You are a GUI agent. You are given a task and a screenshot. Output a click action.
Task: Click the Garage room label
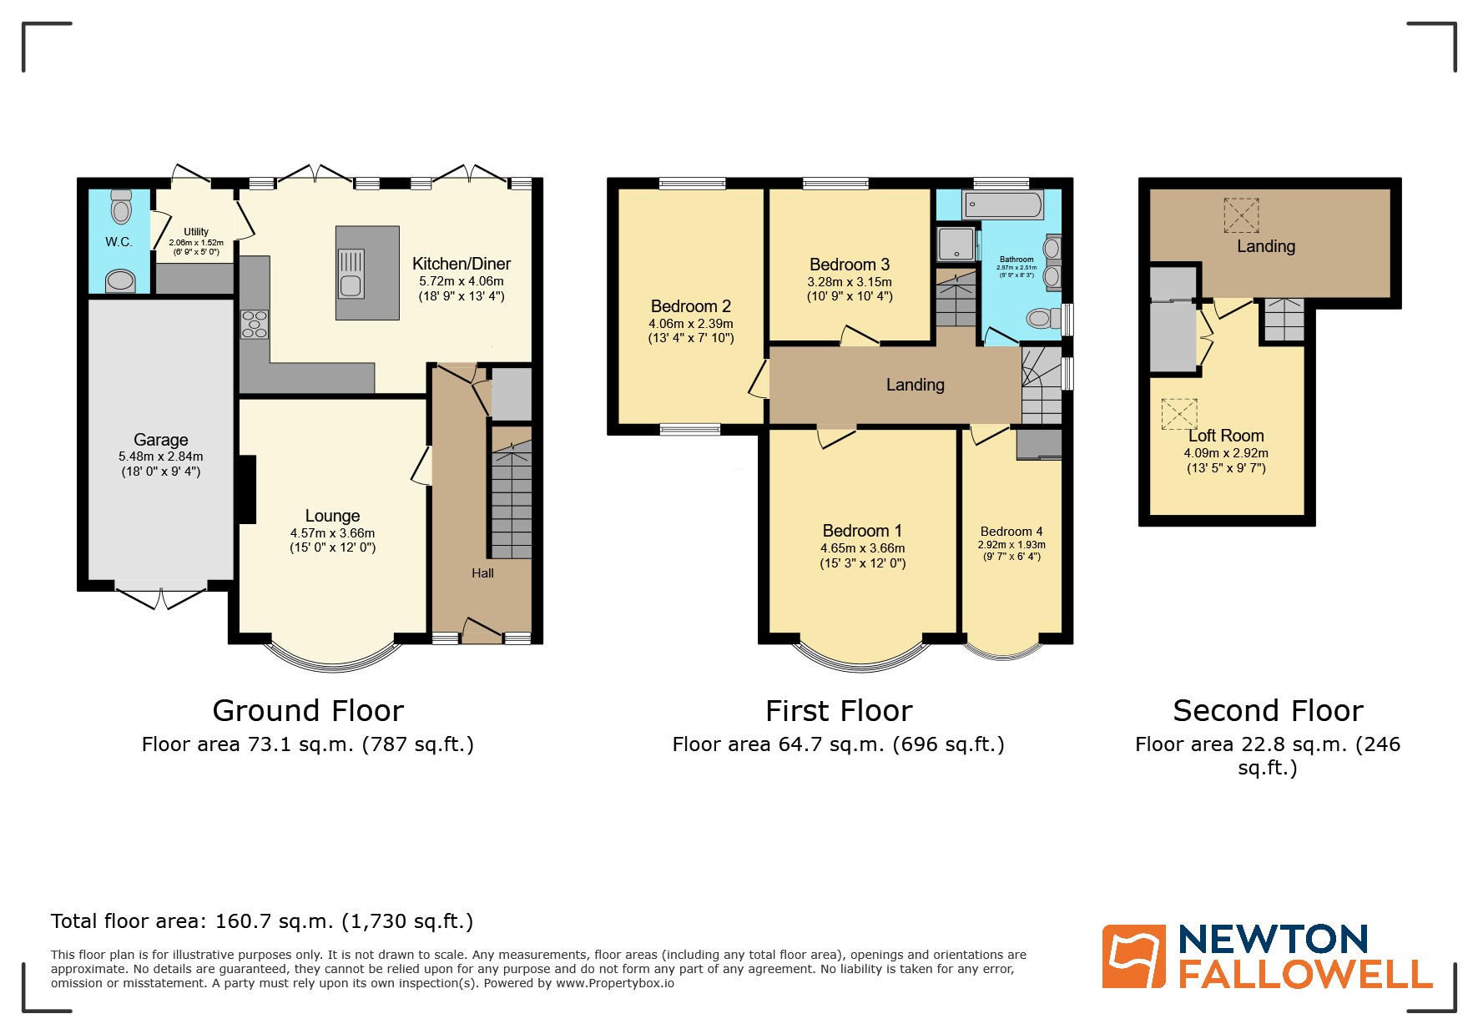[161, 440]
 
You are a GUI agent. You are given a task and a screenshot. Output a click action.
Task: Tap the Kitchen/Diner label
[462, 264]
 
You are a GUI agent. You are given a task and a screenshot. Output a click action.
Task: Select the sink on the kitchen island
[351, 274]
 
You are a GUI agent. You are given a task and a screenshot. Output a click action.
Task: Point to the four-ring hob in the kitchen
[255, 324]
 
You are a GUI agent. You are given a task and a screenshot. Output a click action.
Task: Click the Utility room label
[196, 232]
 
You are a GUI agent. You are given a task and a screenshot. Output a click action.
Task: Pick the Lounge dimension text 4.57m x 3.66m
[332, 533]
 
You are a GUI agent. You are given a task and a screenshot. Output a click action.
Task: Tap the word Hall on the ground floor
[482, 573]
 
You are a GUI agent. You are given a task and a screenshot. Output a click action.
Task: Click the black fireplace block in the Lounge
[247, 489]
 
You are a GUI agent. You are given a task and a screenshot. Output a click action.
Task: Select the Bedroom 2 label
[691, 306]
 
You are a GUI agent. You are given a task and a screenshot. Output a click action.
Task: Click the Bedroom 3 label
[850, 265]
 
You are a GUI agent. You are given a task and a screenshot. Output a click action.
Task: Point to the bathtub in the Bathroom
[1002, 204]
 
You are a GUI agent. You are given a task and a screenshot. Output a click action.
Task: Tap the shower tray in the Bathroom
[956, 244]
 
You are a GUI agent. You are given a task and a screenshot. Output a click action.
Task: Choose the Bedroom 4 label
[1011, 532]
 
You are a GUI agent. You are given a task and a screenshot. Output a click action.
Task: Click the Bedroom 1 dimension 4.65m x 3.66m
[862, 548]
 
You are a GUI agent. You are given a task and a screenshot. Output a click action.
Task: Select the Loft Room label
[1226, 436]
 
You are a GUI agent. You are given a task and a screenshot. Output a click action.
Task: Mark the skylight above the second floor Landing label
[1241, 215]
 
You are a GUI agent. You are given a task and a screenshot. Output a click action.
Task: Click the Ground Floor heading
[308, 711]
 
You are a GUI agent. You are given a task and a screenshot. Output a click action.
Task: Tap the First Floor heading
[839, 711]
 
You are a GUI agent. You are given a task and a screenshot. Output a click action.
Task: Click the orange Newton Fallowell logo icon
[1133, 956]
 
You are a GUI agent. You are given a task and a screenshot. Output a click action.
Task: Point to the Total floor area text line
[262, 921]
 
